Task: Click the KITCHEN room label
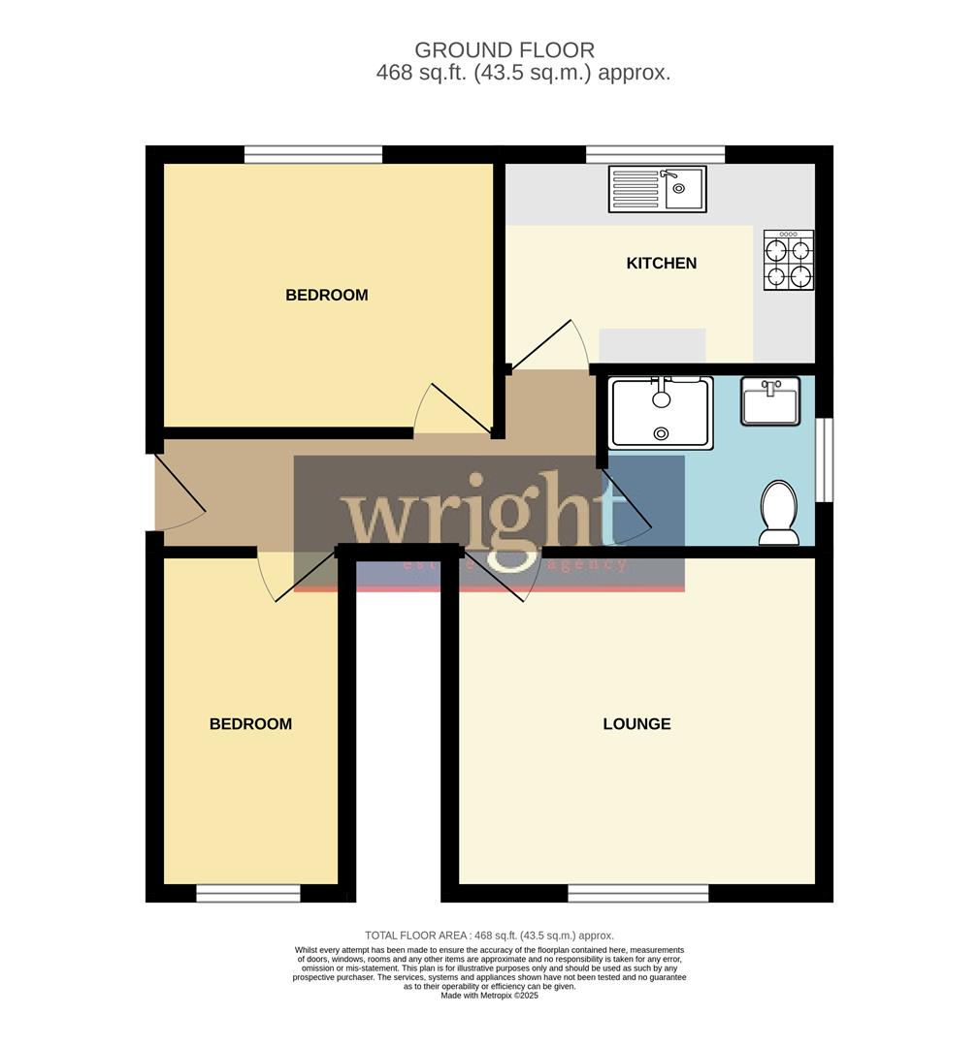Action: (x=662, y=263)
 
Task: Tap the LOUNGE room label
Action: (x=636, y=723)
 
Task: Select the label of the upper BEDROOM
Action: (x=327, y=295)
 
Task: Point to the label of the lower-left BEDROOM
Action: (x=250, y=723)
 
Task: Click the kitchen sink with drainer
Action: (x=657, y=189)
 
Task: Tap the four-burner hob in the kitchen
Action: (x=788, y=260)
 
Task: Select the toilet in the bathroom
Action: (x=779, y=512)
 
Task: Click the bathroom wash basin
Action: (x=770, y=401)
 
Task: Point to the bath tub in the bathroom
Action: (x=661, y=413)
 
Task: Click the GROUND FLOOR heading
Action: (x=505, y=49)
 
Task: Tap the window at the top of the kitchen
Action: (x=656, y=154)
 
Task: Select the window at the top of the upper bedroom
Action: (x=313, y=154)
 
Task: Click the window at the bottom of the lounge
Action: (x=638, y=893)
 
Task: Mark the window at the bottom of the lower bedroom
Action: (x=248, y=893)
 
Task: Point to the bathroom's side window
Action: (x=824, y=460)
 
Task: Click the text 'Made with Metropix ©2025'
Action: (x=489, y=996)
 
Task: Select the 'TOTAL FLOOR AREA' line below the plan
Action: (x=489, y=936)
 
